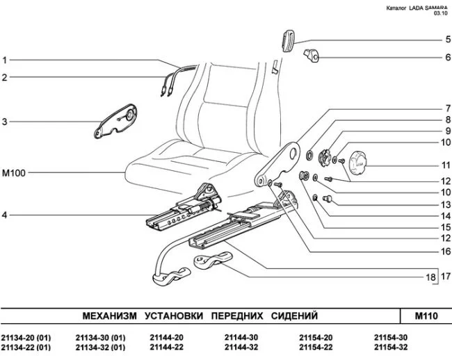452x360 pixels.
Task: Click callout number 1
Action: (x=5, y=60)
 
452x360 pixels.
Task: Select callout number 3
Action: (x=5, y=122)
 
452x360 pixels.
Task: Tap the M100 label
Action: (x=13, y=172)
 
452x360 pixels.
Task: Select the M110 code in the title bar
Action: (x=426, y=316)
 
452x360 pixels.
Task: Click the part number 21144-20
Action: (x=166, y=337)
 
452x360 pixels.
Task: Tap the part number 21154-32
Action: (x=390, y=347)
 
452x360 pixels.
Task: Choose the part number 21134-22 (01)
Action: (x=26, y=347)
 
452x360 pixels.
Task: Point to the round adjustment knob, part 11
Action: (x=362, y=165)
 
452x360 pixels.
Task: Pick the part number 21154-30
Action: (x=390, y=337)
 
